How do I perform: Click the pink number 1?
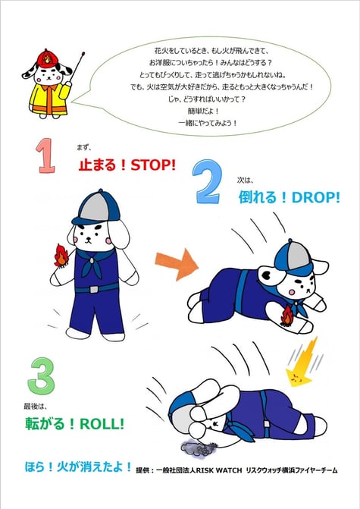[45, 156]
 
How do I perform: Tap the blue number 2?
[208, 182]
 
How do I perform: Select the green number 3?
[42, 376]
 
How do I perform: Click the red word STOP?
[153, 165]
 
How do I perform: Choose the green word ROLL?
[102, 424]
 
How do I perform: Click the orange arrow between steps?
[177, 264]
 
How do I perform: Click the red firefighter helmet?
[48, 58]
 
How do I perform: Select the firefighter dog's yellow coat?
[49, 99]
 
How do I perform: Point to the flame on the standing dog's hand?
[61, 256]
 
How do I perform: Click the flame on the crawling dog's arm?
[286, 316]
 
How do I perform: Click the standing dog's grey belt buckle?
[93, 289]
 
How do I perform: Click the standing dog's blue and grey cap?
[95, 208]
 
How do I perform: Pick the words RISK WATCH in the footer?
[219, 470]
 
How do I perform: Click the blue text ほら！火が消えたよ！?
[78, 467]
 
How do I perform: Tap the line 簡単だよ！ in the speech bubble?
[203, 111]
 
